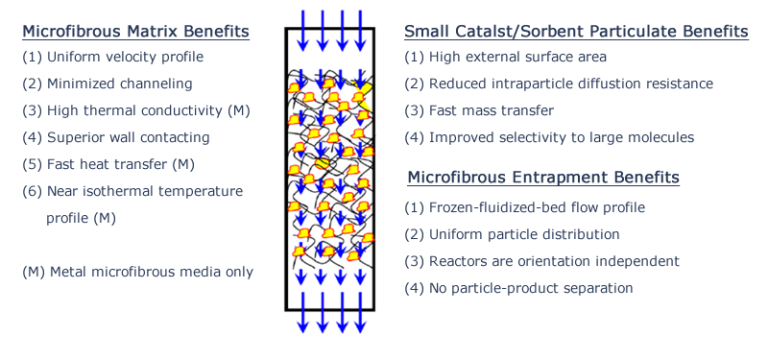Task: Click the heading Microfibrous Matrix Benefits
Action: point(135,32)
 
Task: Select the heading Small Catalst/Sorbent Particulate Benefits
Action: point(576,32)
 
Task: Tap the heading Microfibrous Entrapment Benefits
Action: point(543,178)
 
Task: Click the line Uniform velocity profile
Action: point(113,57)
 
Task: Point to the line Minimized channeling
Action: point(108,84)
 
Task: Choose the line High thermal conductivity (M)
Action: point(135,110)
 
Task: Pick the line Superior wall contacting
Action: point(116,137)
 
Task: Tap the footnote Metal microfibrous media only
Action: point(137,272)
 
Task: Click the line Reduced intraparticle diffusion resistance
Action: point(559,84)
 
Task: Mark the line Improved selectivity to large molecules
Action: point(549,137)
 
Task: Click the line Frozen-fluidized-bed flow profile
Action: point(524,206)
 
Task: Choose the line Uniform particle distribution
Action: point(512,233)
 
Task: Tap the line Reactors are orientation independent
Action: point(542,260)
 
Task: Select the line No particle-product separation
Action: point(519,287)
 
